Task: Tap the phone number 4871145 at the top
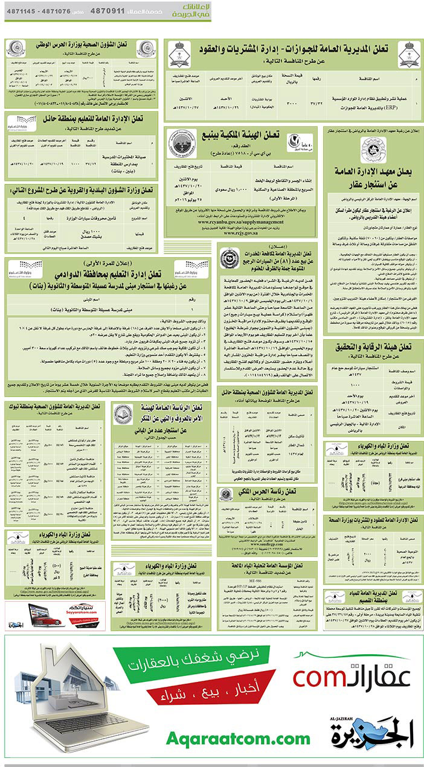tap(21, 11)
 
